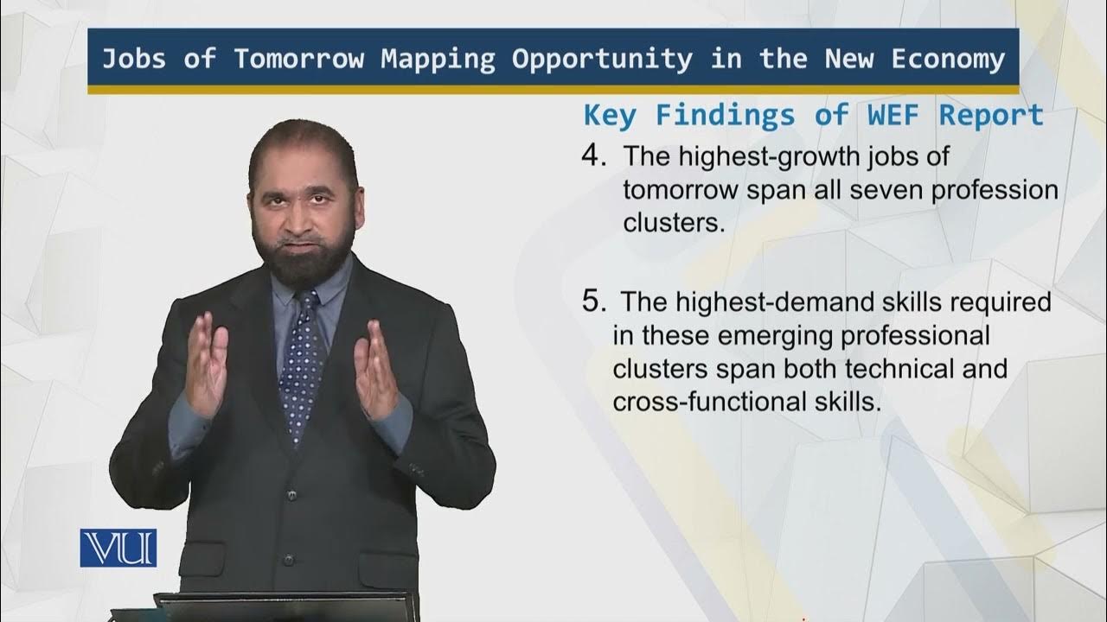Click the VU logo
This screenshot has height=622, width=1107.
tap(118, 548)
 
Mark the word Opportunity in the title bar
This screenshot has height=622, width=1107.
tap(602, 60)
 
